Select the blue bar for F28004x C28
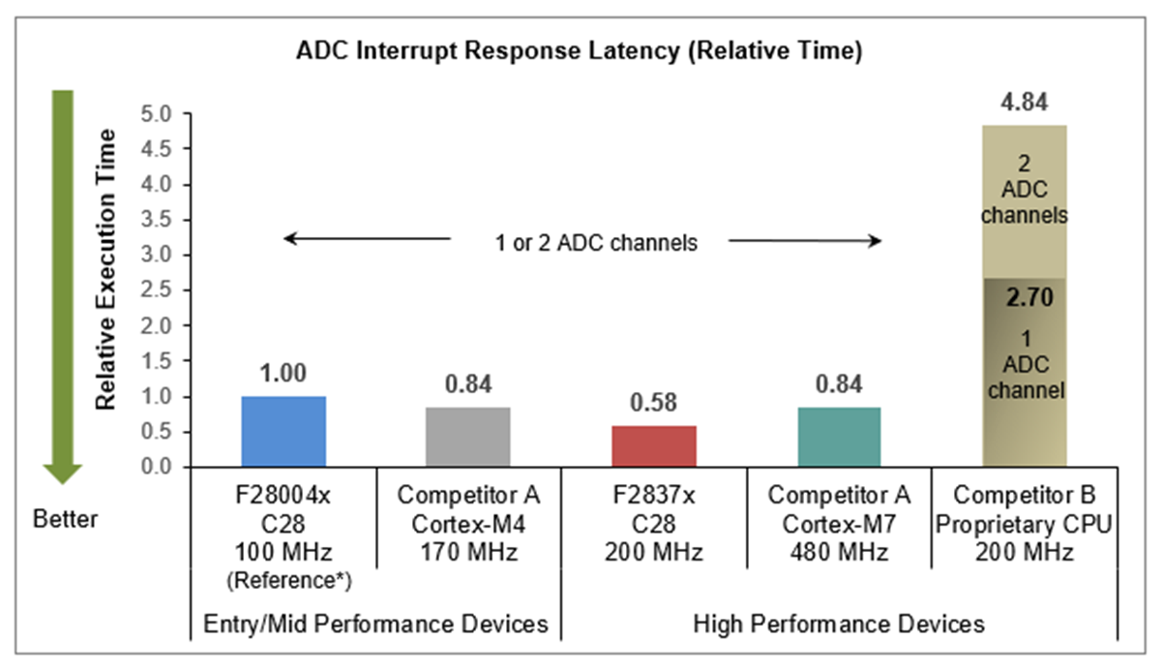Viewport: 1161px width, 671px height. [x=283, y=432]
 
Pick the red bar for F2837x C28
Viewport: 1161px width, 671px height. [x=654, y=446]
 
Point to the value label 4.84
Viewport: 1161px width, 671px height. [x=1025, y=102]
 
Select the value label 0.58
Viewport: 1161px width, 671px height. [x=654, y=402]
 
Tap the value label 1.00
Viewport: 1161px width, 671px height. [x=283, y=373]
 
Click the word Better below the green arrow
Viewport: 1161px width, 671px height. [x=66, y=520]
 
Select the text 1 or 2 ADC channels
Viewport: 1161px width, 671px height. [x=589, y=242]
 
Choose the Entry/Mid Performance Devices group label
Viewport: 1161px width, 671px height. [x=375, y=624]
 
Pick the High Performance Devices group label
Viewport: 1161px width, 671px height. [x=840, y=624]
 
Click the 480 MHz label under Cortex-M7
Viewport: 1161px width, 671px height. [x=840, y=554]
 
